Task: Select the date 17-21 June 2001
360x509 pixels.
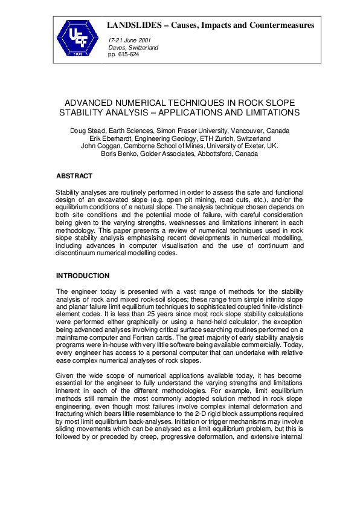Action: click(x=130, y=40)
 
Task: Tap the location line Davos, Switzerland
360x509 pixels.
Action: click(x=133, y=47)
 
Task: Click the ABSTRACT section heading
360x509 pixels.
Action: click(x=74, y=177)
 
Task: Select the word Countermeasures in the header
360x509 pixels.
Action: click(x=283, y=25)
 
